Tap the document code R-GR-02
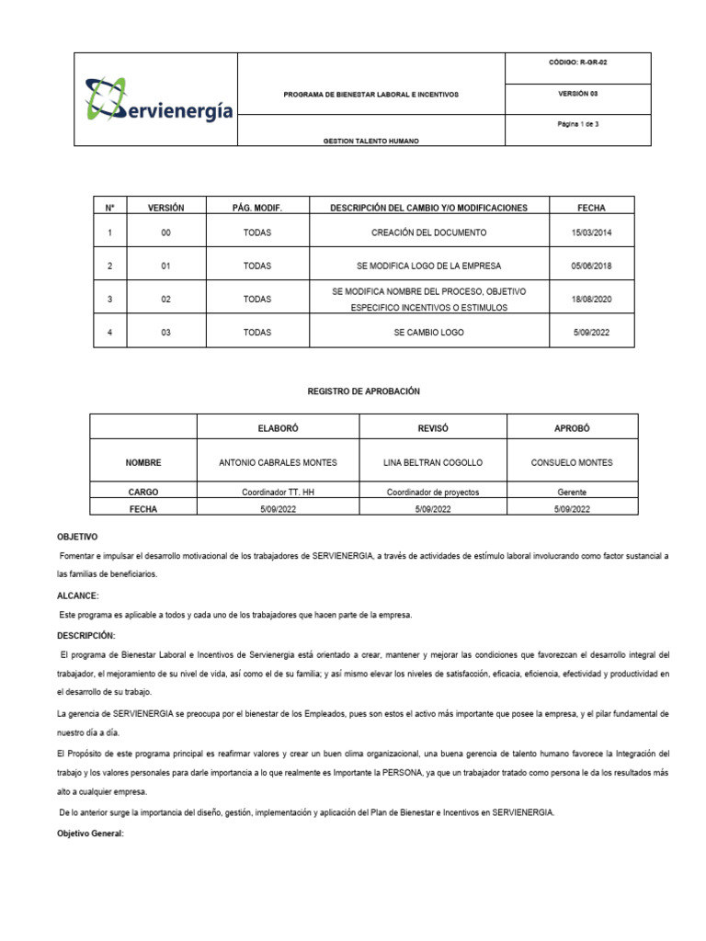click(x=577, y=62)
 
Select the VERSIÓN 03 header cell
click(x=577, y=94)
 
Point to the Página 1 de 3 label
click(x=577, y=124)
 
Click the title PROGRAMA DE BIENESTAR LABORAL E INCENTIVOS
click(x=370, y=95)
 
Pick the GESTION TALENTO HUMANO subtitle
click(x=370, y=141)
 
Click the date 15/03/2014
click(x=590, y=232)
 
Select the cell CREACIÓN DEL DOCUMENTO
click(x=428, y=232)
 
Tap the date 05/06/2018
click(x=590, y=266)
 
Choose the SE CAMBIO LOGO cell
click(x=428, y=333)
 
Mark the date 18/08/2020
click(x=590, y=300)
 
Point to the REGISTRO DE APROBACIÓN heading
click(x=363, y=391)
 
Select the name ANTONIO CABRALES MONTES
click(x=278, y=462)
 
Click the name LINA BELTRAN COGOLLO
click(x=432, y=462)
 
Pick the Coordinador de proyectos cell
click(x=432, y=493)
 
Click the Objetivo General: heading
click(x=89, y=834)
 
